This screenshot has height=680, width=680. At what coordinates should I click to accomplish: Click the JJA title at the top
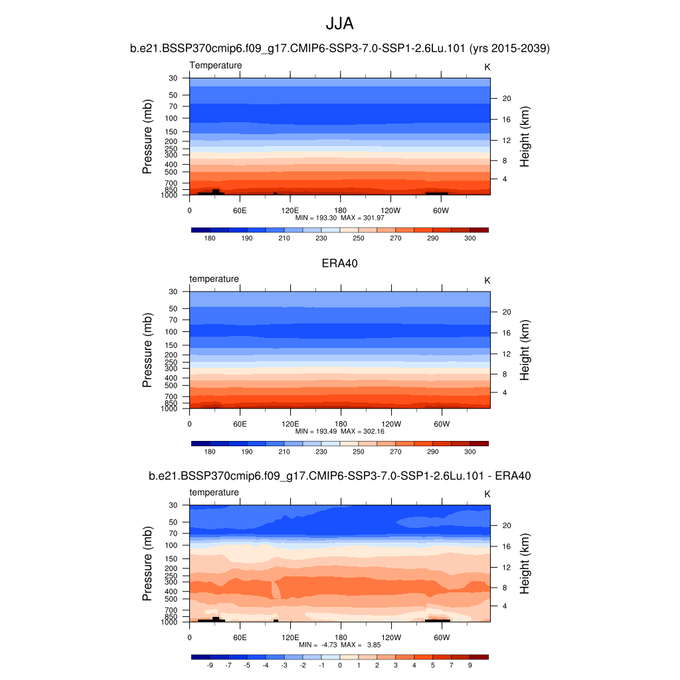point(339,24)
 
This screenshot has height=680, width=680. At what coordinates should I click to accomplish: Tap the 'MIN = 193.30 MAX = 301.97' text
point(339,217)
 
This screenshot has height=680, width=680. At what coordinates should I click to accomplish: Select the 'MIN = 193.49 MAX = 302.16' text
point(339,431)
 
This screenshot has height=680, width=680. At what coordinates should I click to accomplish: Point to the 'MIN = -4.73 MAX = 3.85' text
point(339,645)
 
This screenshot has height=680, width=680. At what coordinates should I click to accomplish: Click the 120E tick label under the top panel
point(290,210)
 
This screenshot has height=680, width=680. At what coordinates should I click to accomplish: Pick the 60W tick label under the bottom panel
point(441,637)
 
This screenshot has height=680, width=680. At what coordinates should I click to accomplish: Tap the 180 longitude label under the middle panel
point(340,424)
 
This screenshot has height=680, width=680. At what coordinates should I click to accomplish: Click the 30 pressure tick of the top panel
point(173,78)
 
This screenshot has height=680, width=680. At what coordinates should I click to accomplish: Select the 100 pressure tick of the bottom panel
point(171,545)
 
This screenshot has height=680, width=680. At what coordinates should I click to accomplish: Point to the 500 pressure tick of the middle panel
point(171,385)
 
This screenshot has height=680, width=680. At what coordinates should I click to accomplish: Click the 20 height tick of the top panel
point(505,98)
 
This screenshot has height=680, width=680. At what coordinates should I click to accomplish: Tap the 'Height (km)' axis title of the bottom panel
point(525,564)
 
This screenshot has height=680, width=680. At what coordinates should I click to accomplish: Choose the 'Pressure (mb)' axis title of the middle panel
point(147,351)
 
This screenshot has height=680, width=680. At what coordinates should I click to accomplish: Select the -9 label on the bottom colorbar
point(210,665)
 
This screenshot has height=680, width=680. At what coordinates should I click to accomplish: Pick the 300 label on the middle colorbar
point(469,452)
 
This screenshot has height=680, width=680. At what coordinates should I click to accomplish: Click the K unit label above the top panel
point(487,66)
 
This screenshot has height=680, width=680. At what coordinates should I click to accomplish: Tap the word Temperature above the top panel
point(216,65)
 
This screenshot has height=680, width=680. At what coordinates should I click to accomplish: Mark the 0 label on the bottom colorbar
point(339,665)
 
